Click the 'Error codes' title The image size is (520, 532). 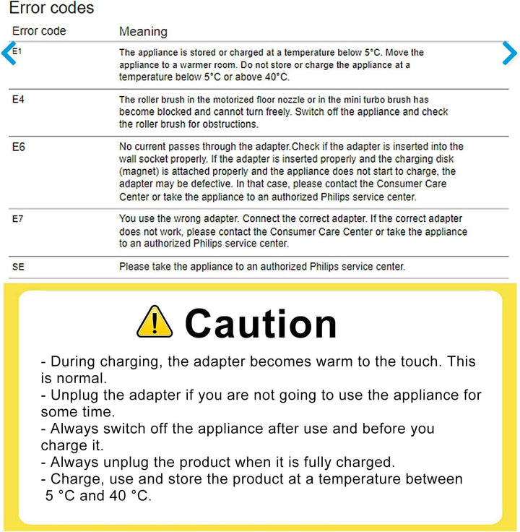click(x=51, y=9)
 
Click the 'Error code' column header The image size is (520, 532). click(x=39, y=31)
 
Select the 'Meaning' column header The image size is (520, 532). click(x=143, y=32)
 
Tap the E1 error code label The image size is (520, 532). click(x=18, y=51)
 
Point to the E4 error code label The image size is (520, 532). click(x=19, y=99)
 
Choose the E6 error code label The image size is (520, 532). click(x=19, y=147)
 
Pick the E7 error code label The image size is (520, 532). click(x=19, y=218)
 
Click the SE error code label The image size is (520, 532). click(x=19, y=267)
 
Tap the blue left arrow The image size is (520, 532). click(x=9, y=54)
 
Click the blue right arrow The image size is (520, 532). click(x=510, y=53)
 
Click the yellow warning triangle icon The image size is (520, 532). click(x=155, y=322)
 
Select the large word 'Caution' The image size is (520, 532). click(x=261, y=323)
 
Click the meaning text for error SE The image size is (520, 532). click(x=262, y=267)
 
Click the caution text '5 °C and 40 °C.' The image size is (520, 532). click(x=97, y=496)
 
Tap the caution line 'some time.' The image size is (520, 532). click(x=78, y=411)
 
